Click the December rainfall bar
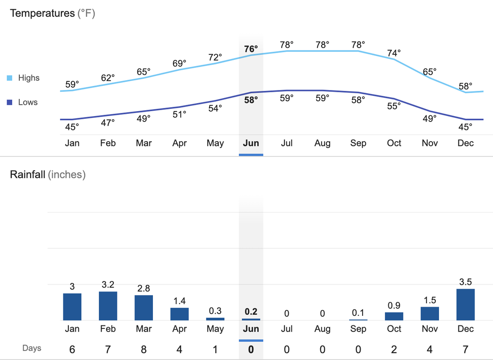tap(466, 304)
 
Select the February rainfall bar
tap(108, 306)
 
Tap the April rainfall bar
tap(179, 314)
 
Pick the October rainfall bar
tap(394, 316)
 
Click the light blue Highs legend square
tap(9, 78)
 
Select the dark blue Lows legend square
tap(9, 103)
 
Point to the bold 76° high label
tap(251, 49)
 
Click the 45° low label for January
tap(72, 127)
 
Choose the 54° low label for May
tap(215, 108)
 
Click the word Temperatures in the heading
tap(42, 13)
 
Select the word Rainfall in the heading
tap(27, 175)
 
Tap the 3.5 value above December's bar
tap(466, 282)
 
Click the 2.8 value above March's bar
tap(143, 288)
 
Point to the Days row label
tap(32, 348)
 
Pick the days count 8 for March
tap(143, 349)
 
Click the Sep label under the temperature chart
tap(358, 143)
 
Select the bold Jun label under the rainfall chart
tap(251, 329)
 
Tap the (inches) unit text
tap(67, 175)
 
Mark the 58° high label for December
tap(466, 86)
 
